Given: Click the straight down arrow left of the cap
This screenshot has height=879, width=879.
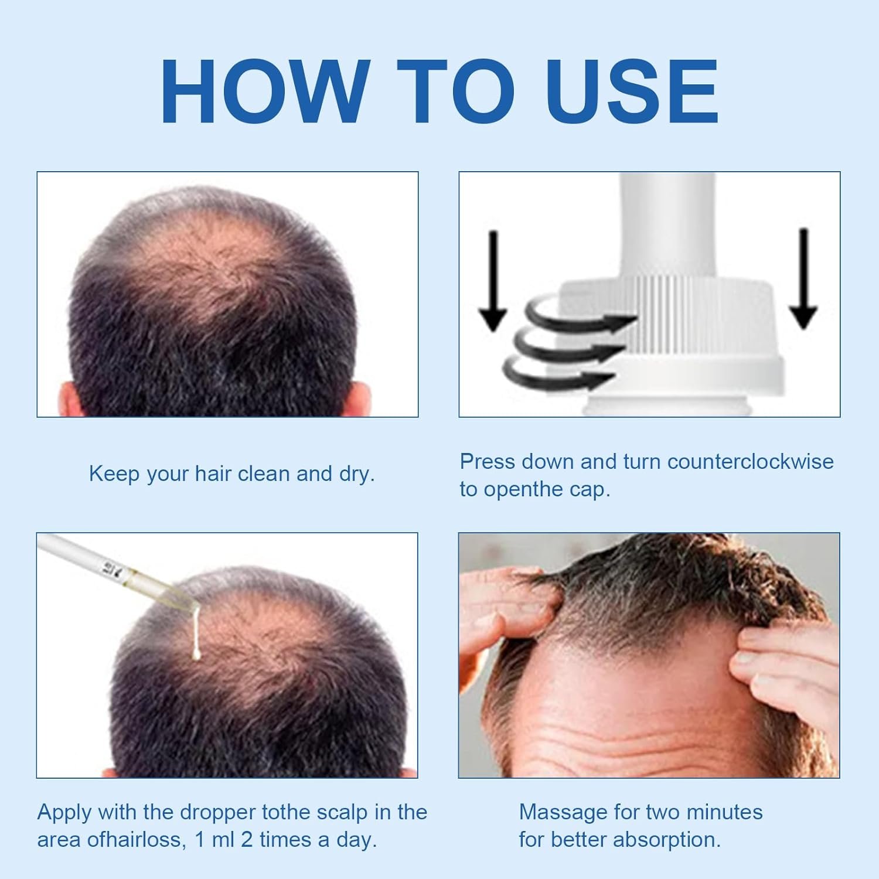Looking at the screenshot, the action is click(x=493, y=280).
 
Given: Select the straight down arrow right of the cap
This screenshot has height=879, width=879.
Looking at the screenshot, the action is click(x=803, y=278).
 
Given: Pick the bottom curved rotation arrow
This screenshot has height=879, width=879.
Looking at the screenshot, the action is click(x=557, y=373).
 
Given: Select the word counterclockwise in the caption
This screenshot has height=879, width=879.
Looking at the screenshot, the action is click(x=750, y=462).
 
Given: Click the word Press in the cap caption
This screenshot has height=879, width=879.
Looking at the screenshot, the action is click(x=488, y=462).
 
